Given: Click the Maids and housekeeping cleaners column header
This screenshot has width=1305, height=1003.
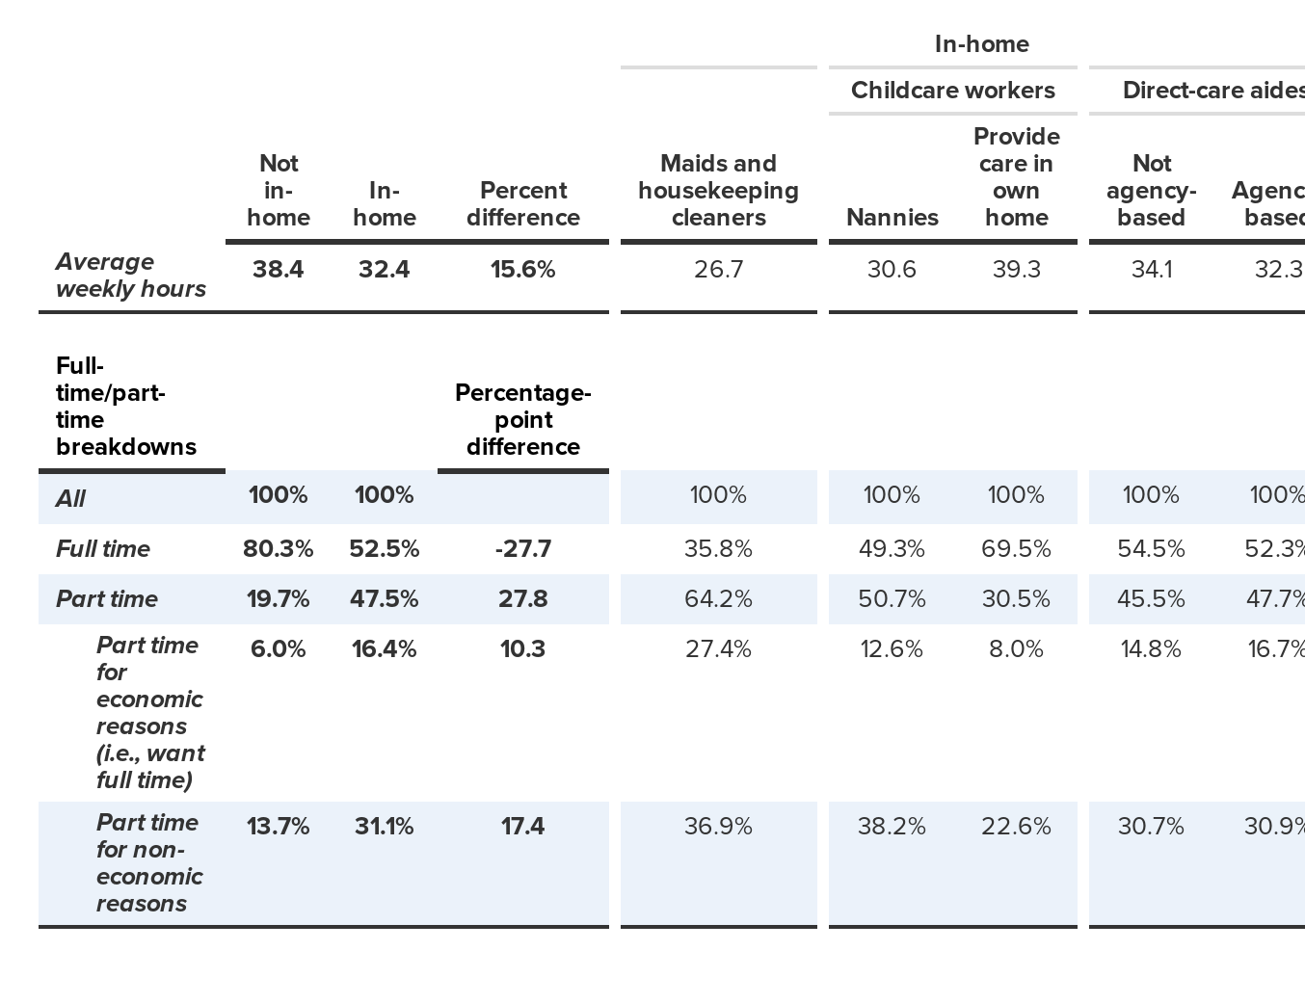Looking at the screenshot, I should click(x=718, y=191).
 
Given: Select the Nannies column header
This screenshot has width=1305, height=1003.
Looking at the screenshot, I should click(x=892, y=218).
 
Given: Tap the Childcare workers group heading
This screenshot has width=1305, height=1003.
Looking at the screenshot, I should click(x=952, y=91).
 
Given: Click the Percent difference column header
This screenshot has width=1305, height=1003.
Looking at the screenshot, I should click(x=522, y=204).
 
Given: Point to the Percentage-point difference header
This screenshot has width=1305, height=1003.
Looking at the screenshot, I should click(x=522, y=420).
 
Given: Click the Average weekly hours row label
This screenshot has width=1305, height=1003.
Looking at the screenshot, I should click(x=130, y=276).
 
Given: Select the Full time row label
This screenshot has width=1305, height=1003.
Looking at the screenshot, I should click(x=103, y=549).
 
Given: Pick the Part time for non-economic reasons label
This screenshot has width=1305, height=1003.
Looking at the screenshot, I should click(x=149, y=862).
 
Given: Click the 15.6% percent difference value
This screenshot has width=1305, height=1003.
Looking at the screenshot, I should click(x=522, y=270).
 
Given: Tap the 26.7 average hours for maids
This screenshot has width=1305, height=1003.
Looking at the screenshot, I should click(x=718, y=270).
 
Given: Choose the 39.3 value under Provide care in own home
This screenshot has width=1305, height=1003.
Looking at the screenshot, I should click(x=1016, y=270).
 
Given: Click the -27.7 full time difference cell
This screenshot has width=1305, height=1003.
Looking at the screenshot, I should click(x=522, y=549).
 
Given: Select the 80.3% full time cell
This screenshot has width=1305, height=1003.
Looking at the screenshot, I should click(x=278, y=549).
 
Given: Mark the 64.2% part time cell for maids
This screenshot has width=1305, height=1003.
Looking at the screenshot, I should click(x=718, y=599).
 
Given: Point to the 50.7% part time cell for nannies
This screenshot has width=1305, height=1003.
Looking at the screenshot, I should click(x=892, y=599).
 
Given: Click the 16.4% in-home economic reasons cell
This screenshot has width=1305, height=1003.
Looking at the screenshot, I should click(x=384, y=649).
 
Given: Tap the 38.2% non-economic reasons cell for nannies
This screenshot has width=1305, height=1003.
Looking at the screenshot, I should click(x=892, y=827).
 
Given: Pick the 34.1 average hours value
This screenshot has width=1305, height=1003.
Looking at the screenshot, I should click(x=1151, y=270).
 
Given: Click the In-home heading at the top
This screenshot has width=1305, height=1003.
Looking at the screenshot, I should click(x=981, y=44).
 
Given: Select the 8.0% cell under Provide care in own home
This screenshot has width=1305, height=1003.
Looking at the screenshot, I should click(x=1016, y=649).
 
